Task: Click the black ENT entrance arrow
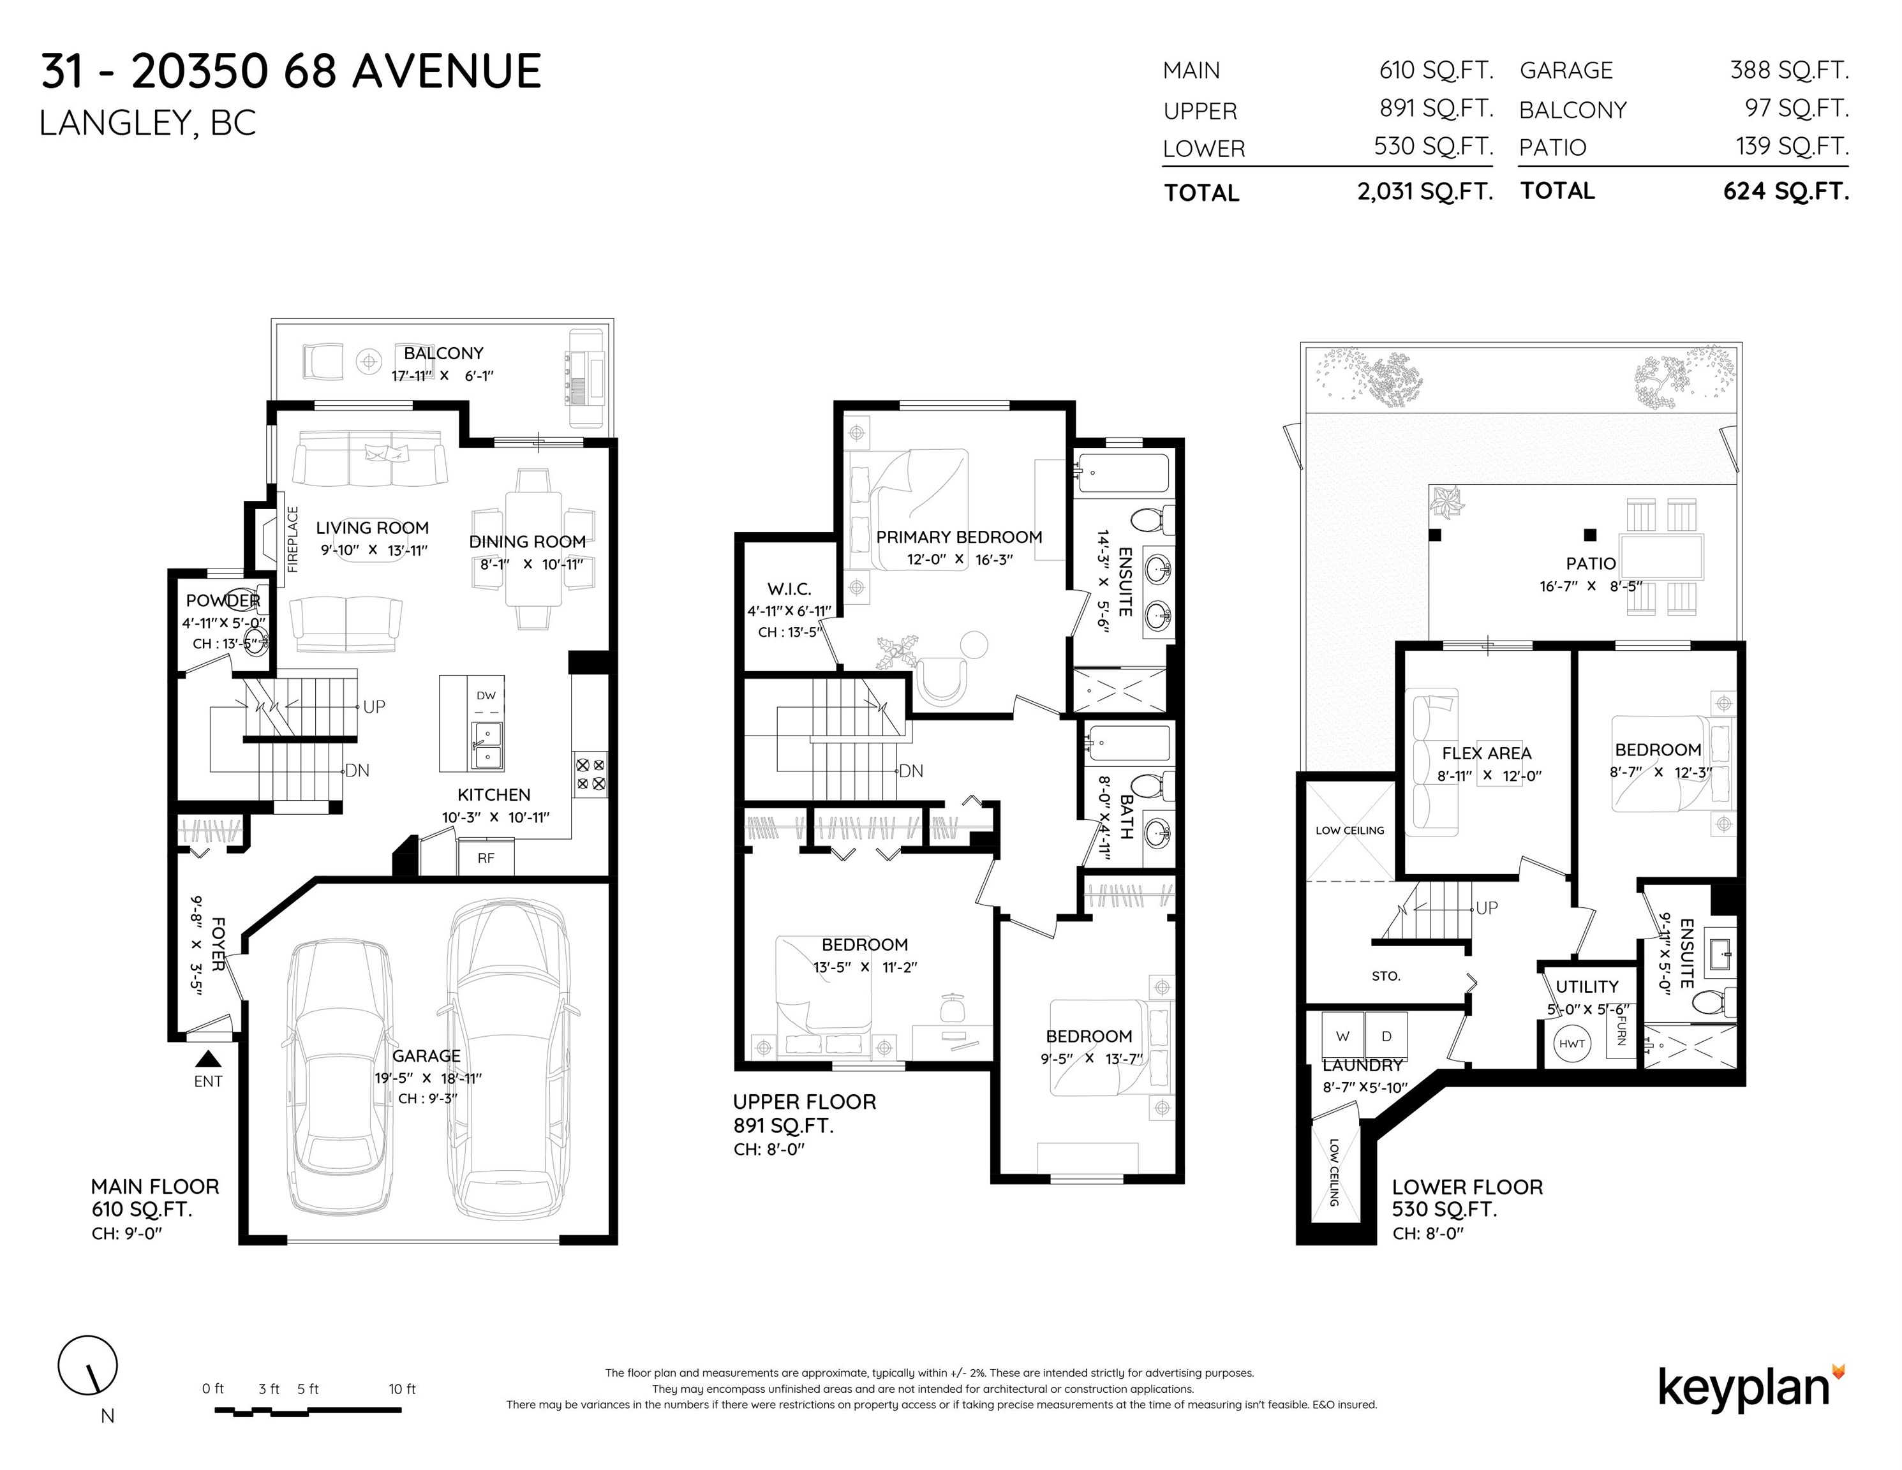click(x=207, y=1059)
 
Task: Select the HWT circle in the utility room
click(x=1572, y=1043)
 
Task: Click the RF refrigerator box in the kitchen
click(x=486, y=857)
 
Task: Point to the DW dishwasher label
click(x=486, y=695)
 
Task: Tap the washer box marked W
click(x=1343, y=1036)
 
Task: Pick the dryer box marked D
click(x=1386, y=1036)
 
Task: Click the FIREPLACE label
click(x=293, y=539)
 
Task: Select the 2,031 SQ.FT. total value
click(x=1425, y=191)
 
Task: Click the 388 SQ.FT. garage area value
click(x=1789, y=70)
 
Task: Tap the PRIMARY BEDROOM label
click(x=959, y=537)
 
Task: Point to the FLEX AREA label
click(x=1487, y=754)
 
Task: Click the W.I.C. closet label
click(x=789, y=590)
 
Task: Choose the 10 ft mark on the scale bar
click(x=403, y=1389)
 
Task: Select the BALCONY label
click(x=443, y=353)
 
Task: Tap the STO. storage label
click(x=1386, y=976)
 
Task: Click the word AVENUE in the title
click(x=447, y=71)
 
